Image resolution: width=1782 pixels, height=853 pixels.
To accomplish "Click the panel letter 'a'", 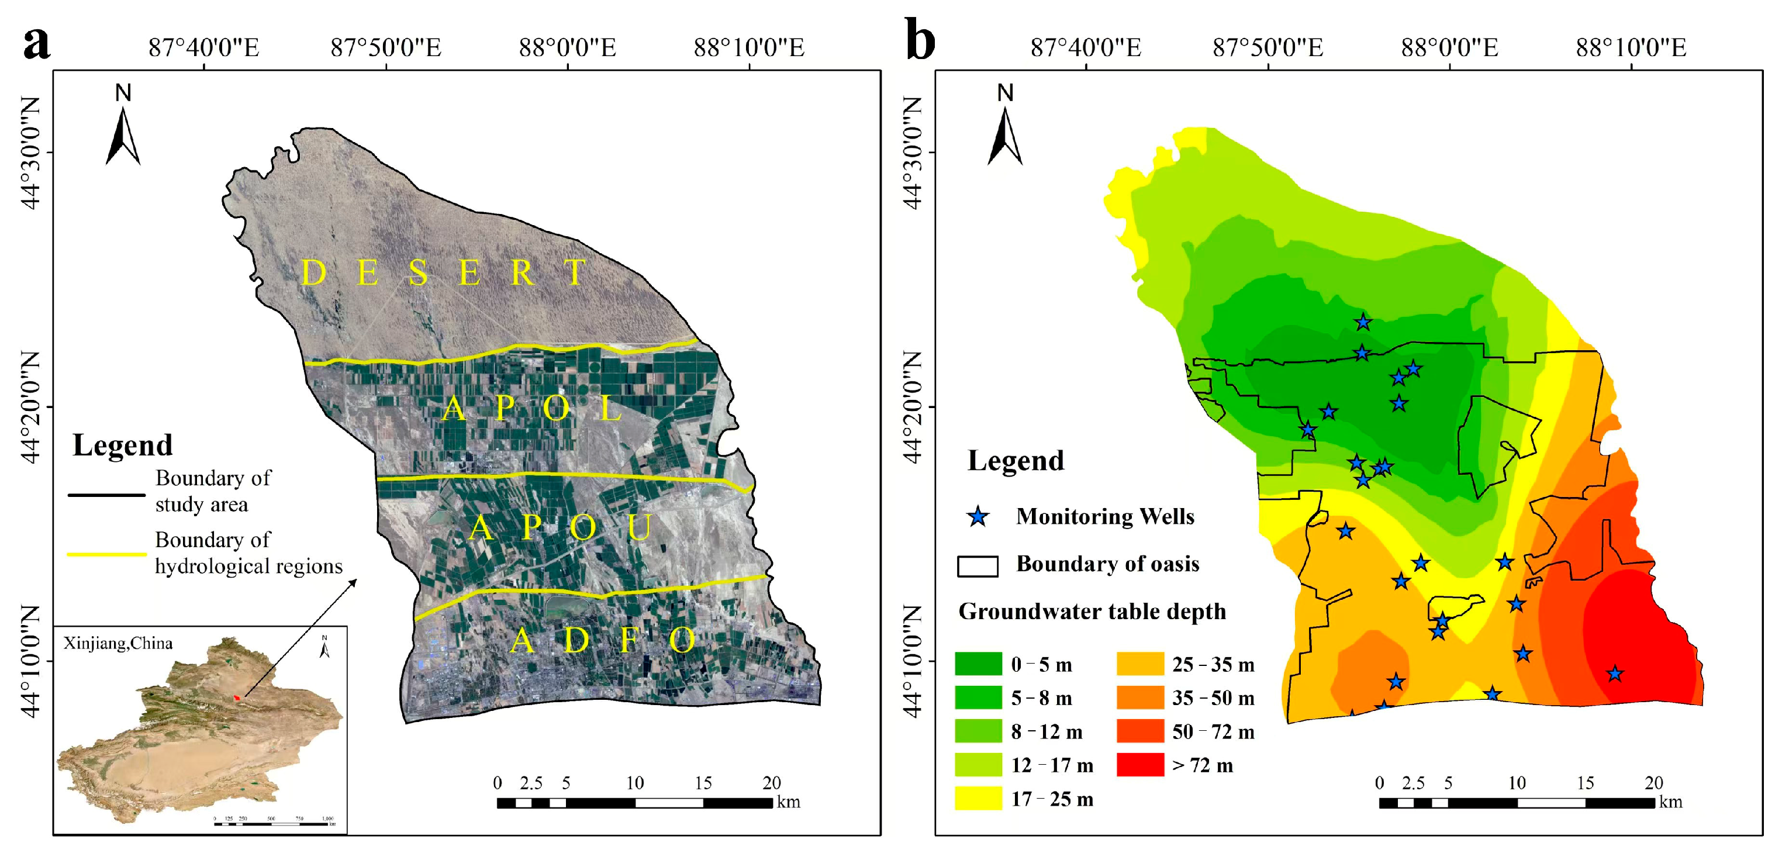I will [36, 44].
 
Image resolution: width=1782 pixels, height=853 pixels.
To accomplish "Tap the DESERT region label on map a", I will [443, 272].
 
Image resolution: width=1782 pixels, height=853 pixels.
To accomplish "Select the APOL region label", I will [532, 408].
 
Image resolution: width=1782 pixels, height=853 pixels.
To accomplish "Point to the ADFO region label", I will [602, 641].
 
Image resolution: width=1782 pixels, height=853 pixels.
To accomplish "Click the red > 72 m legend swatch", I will [1139, 765].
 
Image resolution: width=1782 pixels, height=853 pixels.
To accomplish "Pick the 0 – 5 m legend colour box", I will [978, 664].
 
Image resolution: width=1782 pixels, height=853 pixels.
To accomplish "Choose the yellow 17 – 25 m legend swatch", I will [978, 799].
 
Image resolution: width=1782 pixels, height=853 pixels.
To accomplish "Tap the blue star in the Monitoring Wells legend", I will [978, 517].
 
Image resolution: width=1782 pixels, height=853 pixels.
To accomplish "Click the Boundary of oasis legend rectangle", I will [978, 566].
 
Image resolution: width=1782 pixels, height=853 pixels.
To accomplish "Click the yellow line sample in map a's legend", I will [106, 554].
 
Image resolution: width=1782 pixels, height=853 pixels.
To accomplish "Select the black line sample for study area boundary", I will [106, 495].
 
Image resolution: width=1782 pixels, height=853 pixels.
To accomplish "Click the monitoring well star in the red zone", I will [1614, 673].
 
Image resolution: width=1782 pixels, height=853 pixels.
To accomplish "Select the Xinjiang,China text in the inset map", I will [118, 643].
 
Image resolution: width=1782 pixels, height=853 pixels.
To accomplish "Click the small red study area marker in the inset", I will [237, 697].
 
